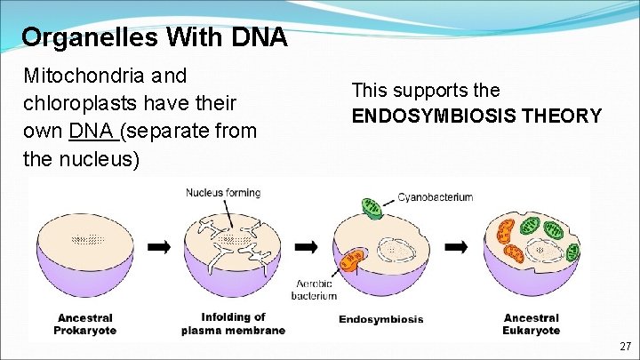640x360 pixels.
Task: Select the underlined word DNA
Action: point(91,132)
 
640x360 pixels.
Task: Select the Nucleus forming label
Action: point(223,192)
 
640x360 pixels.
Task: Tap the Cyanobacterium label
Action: point(436,196)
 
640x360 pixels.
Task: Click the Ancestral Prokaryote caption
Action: point(85,324)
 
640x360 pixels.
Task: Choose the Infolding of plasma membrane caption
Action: point(233,324)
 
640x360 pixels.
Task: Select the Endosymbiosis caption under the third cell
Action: point(380,319)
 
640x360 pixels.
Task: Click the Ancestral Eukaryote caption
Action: point(532,324)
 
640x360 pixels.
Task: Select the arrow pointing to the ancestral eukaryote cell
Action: point(456,246)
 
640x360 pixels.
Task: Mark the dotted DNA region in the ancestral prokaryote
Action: point(85,238)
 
